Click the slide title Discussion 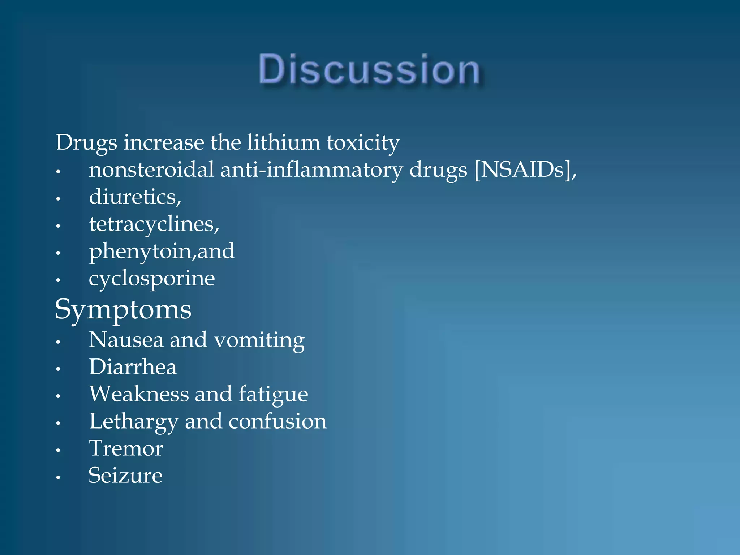(x=369, y=69)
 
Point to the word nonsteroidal (x=151, y=169)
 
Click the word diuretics (x=134, y=197)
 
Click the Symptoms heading (x=123, y=310)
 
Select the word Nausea (x=126, y=340)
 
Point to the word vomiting (x=259, y=341)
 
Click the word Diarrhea (x=133, y=367)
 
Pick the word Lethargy (x=134, y=422)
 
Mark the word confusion (x=277, y=421)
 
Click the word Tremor (x=126, y=448)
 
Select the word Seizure (x=125, y=476)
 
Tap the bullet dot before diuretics (x=58, y=199)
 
